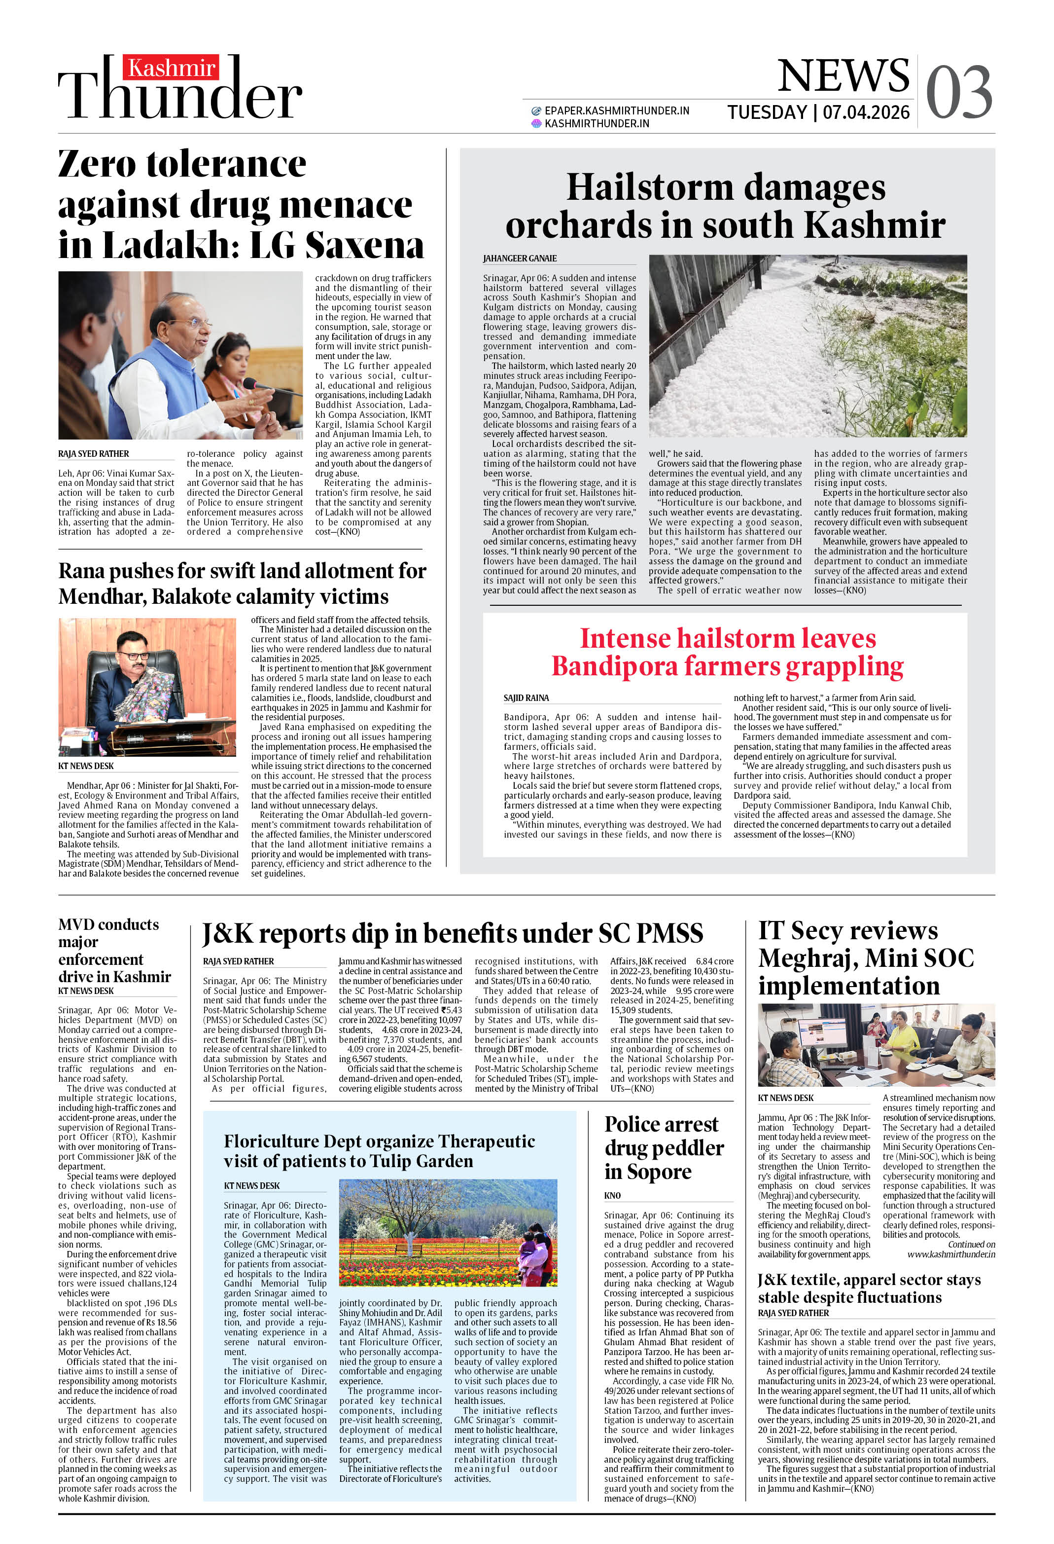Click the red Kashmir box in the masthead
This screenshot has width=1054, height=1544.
[x=171, y=68]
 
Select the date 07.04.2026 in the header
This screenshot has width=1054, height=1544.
[x=866, y=112]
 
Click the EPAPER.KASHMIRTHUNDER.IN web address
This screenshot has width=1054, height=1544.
[x=616, y=111]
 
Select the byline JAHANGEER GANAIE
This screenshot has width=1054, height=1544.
[x=520, y=258]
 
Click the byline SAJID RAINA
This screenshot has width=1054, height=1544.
[x=526, y=698]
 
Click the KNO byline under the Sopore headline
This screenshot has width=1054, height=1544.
[x=612, y=1195]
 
